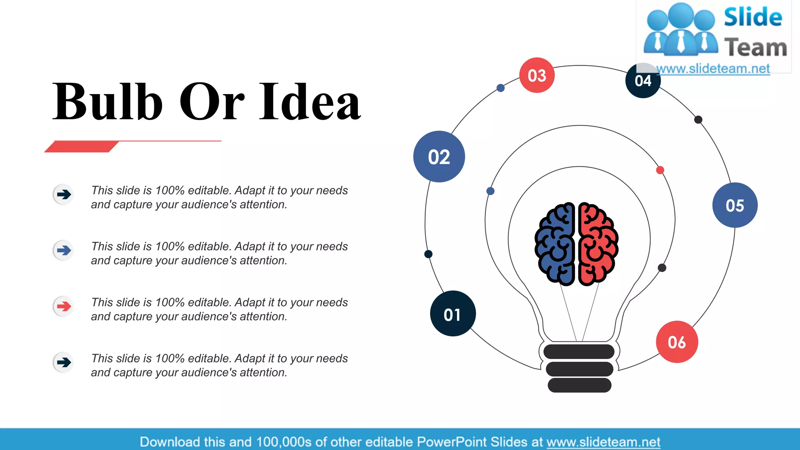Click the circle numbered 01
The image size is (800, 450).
pyautogui.click(x=453, y=313)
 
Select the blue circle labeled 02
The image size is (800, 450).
pyautogui.click(x=439, y=157)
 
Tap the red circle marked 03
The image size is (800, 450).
pyautogui.click(x=537, y=75)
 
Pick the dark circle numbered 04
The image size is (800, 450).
pyautogui.click(x=643, y=81)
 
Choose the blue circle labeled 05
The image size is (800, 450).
pyautogui.click(x=735, y=205)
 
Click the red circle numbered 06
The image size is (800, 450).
pyautogui.click(x=677, y=342)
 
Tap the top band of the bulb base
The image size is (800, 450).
pyautogui.click(x=579, y=352)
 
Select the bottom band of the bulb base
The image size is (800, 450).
pyautogui.click(x=579, y=385)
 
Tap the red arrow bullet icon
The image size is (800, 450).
pyautogui.click(x=64, y=306)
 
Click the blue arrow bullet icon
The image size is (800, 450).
pyautogui.click(x=64, y=250)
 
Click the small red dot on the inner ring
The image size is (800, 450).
pyautogui.click(x=660, y=170)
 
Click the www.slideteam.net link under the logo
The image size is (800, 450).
pyautogui.click(x=713, y=69)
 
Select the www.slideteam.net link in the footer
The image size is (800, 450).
pyautogui.click(x=603, y=442)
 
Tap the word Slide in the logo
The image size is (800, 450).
pyautogui.click(x=753, y=18)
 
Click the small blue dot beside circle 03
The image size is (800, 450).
pyautogui.click(x=500, y=88)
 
